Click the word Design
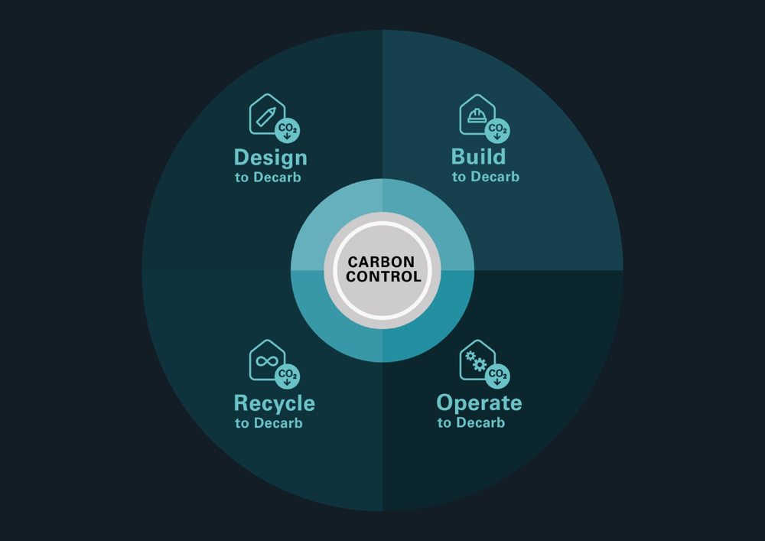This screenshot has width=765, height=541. click(271, 158)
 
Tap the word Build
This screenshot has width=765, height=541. click(479, 157)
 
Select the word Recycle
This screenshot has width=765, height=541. click(275, 404)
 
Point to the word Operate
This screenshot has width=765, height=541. click(479, 403)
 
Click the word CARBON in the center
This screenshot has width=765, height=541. click(382, 262)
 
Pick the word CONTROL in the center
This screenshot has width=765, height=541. click(383, 276)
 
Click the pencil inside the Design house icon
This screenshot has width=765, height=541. click(266, 117)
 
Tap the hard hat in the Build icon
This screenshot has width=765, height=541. click(477, 115)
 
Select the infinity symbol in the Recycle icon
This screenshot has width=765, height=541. click(267, 361)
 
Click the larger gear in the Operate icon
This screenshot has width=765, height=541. click(480, 364)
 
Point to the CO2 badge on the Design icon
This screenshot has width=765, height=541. click(288, 130)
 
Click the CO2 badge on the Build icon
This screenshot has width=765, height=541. click(498, 130)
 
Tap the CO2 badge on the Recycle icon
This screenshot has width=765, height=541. click(288, 376)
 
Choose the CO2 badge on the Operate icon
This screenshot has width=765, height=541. click(498, 376)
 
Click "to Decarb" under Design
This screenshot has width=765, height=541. click(268, 178)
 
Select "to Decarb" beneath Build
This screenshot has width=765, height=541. click(486, 177)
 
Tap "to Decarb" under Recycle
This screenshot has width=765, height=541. click(269, 423)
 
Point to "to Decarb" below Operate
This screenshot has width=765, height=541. click(470, 423)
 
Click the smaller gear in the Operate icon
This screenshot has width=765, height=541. click(470, 356)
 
